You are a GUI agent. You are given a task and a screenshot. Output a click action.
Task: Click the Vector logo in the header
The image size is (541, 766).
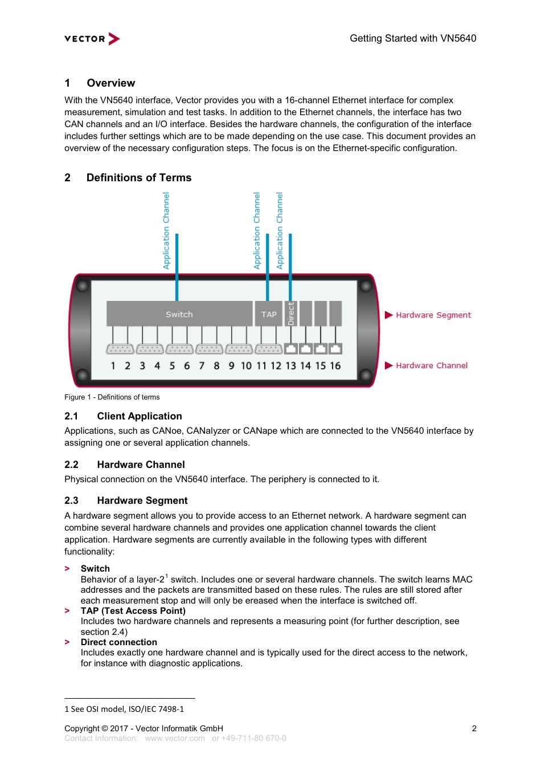(92, 39)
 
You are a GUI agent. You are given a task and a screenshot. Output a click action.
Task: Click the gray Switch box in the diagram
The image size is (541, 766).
(179, 314)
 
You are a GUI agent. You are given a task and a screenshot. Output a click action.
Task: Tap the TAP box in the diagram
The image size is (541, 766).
(268, 314)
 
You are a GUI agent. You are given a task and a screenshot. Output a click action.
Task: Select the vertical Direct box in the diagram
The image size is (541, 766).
(290, 313)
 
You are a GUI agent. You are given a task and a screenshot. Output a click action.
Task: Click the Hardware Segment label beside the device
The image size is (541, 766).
(433, 315)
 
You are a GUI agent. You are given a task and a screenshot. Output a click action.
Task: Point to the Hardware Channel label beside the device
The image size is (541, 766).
(432, 365)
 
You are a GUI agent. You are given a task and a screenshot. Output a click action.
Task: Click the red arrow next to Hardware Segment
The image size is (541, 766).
(389, 315)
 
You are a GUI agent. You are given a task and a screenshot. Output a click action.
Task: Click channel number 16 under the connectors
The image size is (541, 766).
(335, 366)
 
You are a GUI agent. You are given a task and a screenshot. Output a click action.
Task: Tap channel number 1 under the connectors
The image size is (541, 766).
(113, 366)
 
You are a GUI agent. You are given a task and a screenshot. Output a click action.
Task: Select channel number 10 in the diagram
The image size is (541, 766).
(246, 366)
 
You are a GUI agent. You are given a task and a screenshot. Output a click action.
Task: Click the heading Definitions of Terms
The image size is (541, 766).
(138, 178)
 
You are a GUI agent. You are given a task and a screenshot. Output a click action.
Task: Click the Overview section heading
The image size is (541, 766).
(110, 83)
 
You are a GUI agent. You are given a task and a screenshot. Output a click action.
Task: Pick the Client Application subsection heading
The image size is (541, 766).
(139, 416)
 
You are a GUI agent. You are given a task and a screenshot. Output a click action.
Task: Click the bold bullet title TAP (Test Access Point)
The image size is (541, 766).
(133, 611)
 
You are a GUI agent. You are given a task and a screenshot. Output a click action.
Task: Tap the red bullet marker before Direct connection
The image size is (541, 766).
(67, 642)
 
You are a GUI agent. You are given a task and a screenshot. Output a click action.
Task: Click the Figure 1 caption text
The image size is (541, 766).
(112, 397)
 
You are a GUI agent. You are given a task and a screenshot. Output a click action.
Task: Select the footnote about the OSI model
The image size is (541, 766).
(124, 709)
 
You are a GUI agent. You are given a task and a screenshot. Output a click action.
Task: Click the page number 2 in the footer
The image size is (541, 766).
(474, 728)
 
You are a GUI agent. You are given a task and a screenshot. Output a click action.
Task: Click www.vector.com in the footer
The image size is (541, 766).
(174, 738)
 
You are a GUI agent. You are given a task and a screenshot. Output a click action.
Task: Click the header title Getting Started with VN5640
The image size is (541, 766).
(412, 39)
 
